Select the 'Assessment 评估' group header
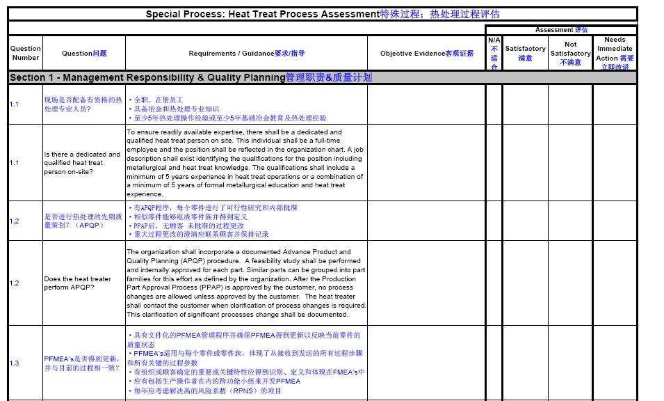pyautogui.click(x=561, y=30)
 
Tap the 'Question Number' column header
pyautogui.click(x=25, y=53)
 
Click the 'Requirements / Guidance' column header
pyautogui.click(x=246, y=54)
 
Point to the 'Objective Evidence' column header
pyautogui.click(x=426, y=54)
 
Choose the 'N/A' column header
pyautogui.click(x=494, y=53)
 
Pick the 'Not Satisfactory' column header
pyautogui.click(x=570, y=53)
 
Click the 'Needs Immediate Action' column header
pyautogui.click(x=615, y=53)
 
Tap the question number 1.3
pyautogui.click(x=15, y=363)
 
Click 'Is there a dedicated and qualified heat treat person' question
pyautogui.click(x=82, y=163)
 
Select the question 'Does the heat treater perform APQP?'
pyautogui.click(x=77, y=283)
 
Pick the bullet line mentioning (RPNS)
pyautogui.click(x=206, y=391)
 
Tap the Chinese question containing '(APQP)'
pyautogui.click(x=82, y=221)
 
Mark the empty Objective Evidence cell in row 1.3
pyautogui.click(x=426, y=363)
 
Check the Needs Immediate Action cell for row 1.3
pyautogui.click(x=615, y=363)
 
